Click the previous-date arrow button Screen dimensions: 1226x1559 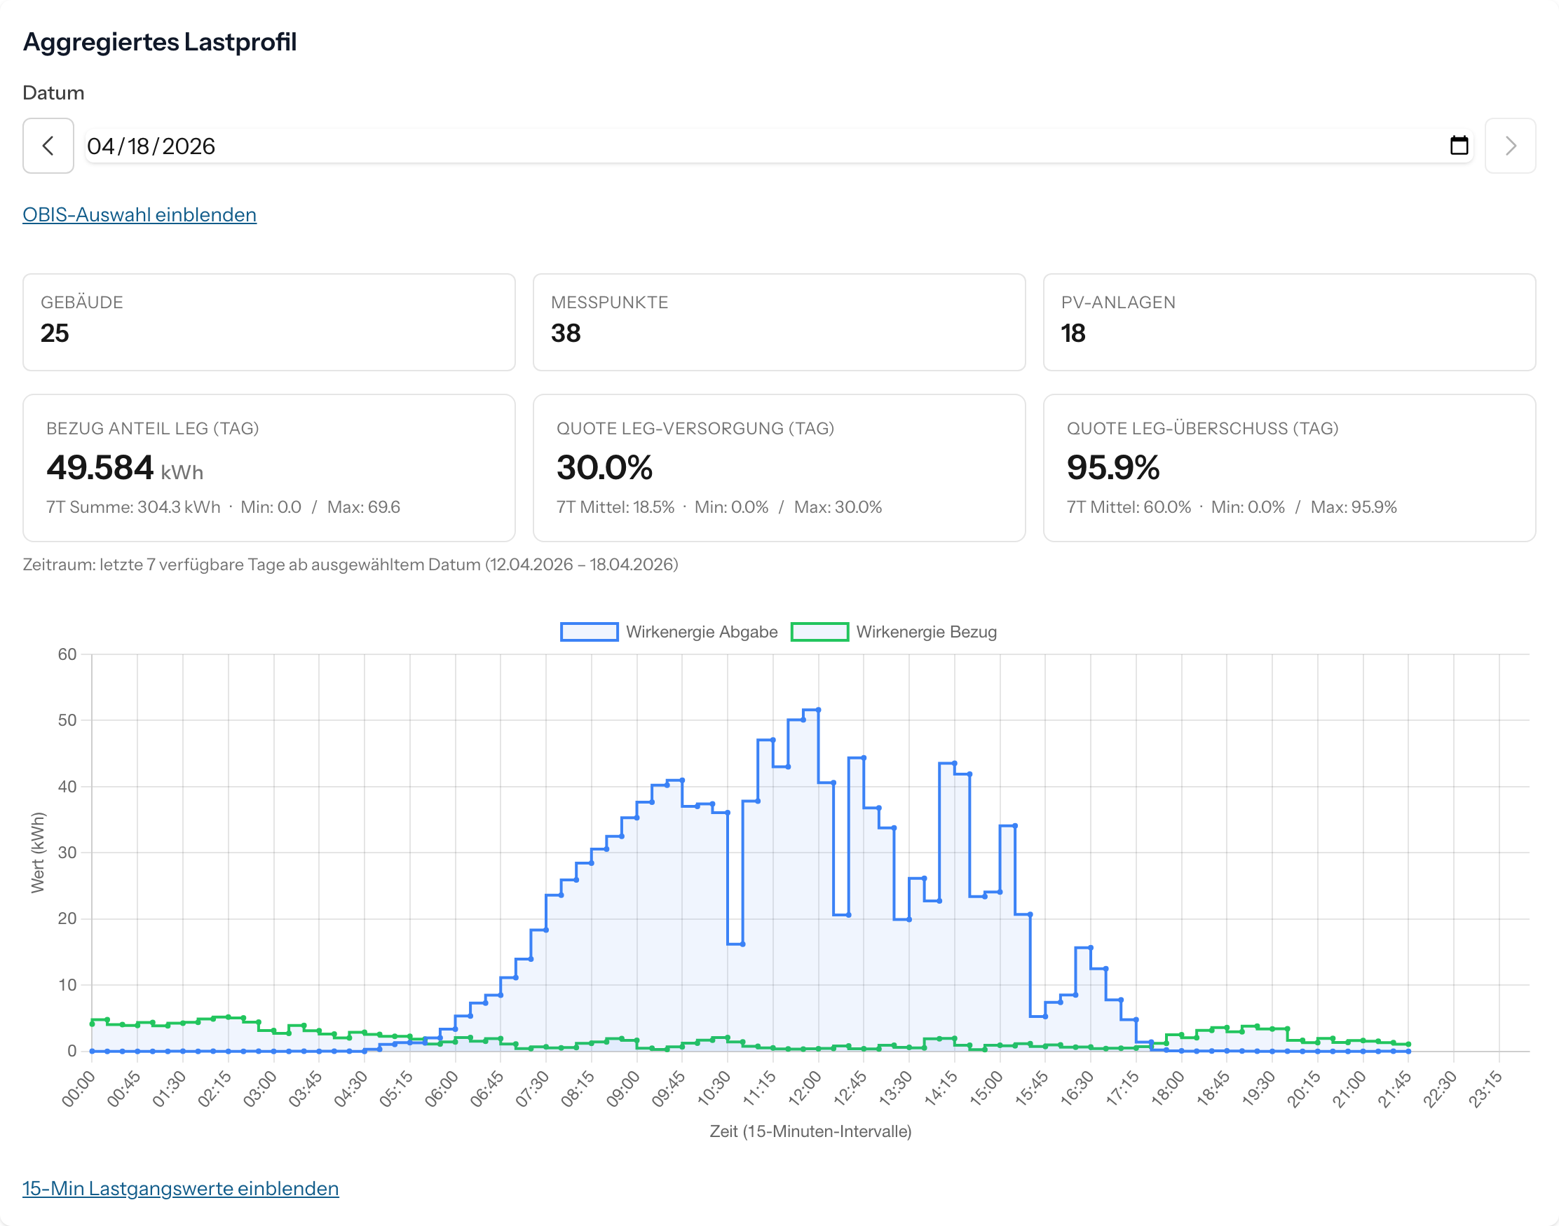tap(48, 146)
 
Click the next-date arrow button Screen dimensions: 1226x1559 tap(1509, 146)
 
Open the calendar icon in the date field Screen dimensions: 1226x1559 tap(1459, 146)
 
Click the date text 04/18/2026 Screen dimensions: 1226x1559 tap(151, 146)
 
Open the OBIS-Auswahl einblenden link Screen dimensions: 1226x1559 tap(139, 214)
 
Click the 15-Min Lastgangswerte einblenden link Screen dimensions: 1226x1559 tap(180, 1188)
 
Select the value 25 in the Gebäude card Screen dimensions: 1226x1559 tap(55, 333)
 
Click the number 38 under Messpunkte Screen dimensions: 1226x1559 tap(565, 333)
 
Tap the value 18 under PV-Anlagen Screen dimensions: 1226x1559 tap(1073, 333)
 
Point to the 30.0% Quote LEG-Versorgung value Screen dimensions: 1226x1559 tap(604, 468)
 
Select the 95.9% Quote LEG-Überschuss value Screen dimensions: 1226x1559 tap(1112, 468)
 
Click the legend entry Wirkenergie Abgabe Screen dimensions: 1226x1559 tap(669, 632)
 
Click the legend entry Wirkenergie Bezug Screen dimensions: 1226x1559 tap(894, 632)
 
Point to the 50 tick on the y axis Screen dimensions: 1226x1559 tap(67, 720)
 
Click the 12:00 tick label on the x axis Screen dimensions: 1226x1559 tap(805, 1088)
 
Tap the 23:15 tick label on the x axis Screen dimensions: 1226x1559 tap(1485, 1088)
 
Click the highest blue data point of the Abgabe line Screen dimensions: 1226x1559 tap(818, 710)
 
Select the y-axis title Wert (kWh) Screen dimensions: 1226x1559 tap(37, 852)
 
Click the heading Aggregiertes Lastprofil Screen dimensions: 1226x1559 tap(159, 41)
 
